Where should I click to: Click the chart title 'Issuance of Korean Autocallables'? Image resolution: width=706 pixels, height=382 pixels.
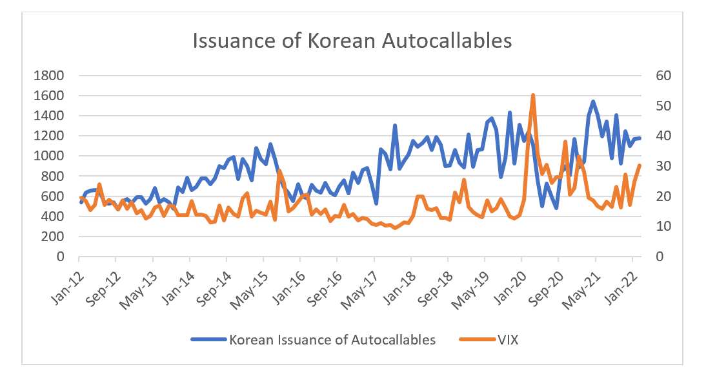[352, 40]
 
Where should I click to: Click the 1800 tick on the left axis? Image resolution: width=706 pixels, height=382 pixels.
[49, 76]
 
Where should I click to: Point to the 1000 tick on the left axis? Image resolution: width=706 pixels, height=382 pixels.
[49, 156]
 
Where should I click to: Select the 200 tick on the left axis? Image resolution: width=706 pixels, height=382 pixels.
[52, 237]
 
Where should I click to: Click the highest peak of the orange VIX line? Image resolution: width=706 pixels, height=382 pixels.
[533, 95]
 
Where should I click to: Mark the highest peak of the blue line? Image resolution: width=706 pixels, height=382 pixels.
[593, 101]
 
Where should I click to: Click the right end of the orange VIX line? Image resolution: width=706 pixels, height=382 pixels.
[640, 165]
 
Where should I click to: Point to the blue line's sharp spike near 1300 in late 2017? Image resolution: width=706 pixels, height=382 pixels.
[395, 126]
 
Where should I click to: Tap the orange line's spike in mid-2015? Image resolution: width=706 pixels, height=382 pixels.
[279, 171]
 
